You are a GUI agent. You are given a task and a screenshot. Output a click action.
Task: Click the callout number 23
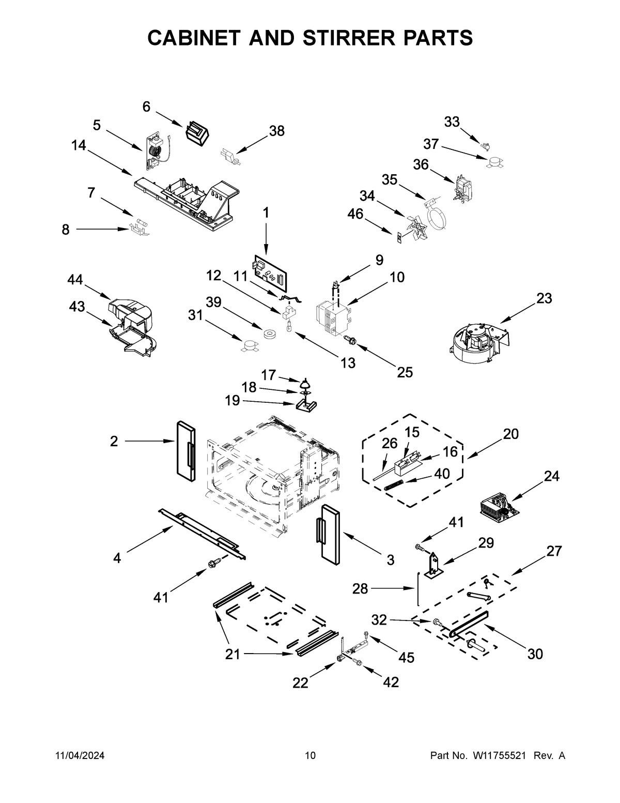pyautogui.click(x=544, y=298)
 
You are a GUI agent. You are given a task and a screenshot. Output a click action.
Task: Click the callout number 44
pyautogui.click(x=75, y=280)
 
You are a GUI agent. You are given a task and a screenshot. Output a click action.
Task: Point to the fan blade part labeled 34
pyautogui.click(x=417, y=225)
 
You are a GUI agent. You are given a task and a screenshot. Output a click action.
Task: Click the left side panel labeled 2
pyautogui.click(x=184, y=450)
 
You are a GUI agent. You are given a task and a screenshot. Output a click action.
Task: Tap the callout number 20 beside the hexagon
pyautogui.click(x=510, y=434)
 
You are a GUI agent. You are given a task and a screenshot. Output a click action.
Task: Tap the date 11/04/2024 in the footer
pyautogui.click(x=80, y=755)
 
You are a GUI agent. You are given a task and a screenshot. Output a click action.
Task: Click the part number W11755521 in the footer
pyautogui.click(x=499, y=755)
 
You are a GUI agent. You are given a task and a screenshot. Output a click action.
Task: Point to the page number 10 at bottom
pyautogui.click(x=310, y=755)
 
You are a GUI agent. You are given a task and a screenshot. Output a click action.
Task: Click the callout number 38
pyautogui.click(x=277, y=131)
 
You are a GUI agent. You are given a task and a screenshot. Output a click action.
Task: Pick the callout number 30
pyautogui.click(x=535, y=654)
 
